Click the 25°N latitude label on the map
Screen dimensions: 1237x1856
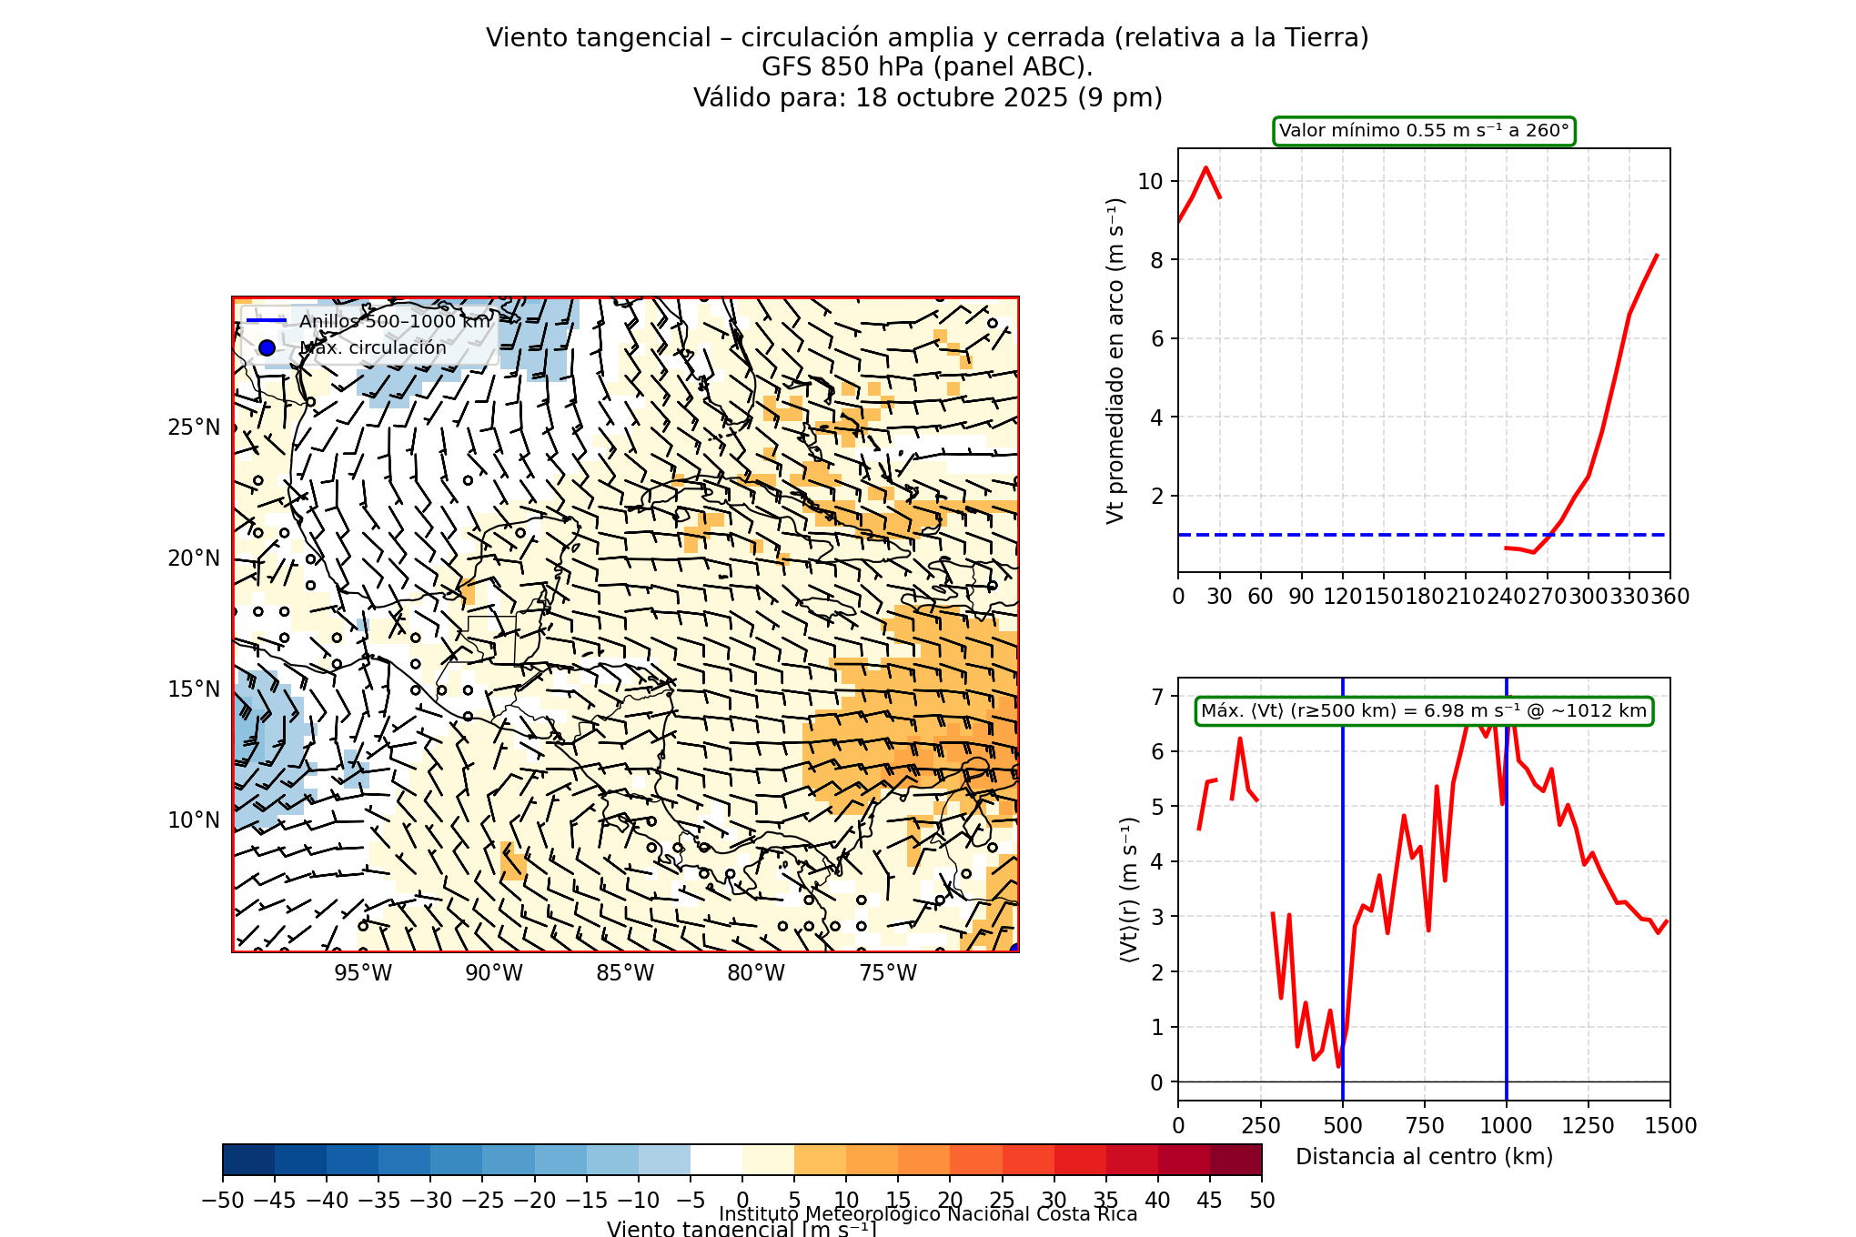coord(194,427)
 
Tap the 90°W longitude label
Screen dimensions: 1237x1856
coord(494,973)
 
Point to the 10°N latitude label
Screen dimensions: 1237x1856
coord(194,820)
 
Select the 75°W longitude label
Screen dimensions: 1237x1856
coord(888,973)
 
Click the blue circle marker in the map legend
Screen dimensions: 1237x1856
coord(267,347)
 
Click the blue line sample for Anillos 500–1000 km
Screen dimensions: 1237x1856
coord(267,321)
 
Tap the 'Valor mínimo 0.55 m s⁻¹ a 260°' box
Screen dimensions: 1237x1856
coord(1424,131)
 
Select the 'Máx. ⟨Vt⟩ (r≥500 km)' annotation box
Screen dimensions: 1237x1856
coord(1424,711)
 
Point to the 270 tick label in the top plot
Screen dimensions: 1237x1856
coord(1548,597)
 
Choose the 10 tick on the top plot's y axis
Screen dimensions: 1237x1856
coord(1150,181)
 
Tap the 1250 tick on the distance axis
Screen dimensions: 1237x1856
coord(1589,1126)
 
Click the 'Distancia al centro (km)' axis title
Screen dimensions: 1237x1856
coord(1424,1157)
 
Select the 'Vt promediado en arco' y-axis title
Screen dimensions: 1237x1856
coord(1115,361)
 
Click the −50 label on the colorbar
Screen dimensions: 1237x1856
coord(223,1201)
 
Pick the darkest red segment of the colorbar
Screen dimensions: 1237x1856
coord(1236,1160)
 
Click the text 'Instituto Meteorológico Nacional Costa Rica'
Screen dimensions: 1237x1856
coord(928,1214)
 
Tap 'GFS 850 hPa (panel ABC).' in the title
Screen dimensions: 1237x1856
coord(927,67)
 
